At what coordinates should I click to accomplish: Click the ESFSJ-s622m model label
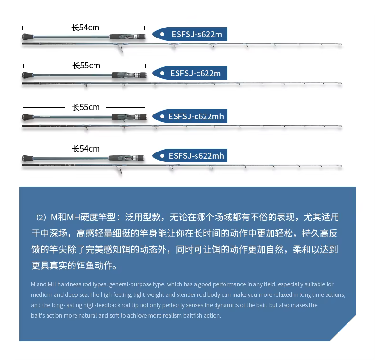(x=197, y=34)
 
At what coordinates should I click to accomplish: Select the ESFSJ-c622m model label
(x=196, y=73)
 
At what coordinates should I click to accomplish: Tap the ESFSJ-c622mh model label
(x=196, y=116)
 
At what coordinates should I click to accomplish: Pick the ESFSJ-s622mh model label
(x=197, y=156)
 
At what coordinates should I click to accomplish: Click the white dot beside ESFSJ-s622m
(x=162, y=34)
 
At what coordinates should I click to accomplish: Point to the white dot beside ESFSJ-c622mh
(x=162, y=116)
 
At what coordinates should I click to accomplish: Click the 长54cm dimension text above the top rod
(x=85, y=28)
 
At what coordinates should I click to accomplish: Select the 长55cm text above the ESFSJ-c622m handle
(x=86, y=66)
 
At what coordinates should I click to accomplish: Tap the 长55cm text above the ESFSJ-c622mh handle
(x=85, y=107)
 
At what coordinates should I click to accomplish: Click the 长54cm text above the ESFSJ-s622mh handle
(x=85, y=149)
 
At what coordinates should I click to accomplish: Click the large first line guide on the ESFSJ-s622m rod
(x=121, y=48)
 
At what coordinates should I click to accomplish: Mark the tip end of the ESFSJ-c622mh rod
(x=341, y=126)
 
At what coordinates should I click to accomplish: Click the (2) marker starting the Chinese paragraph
(x=41, y=218)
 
